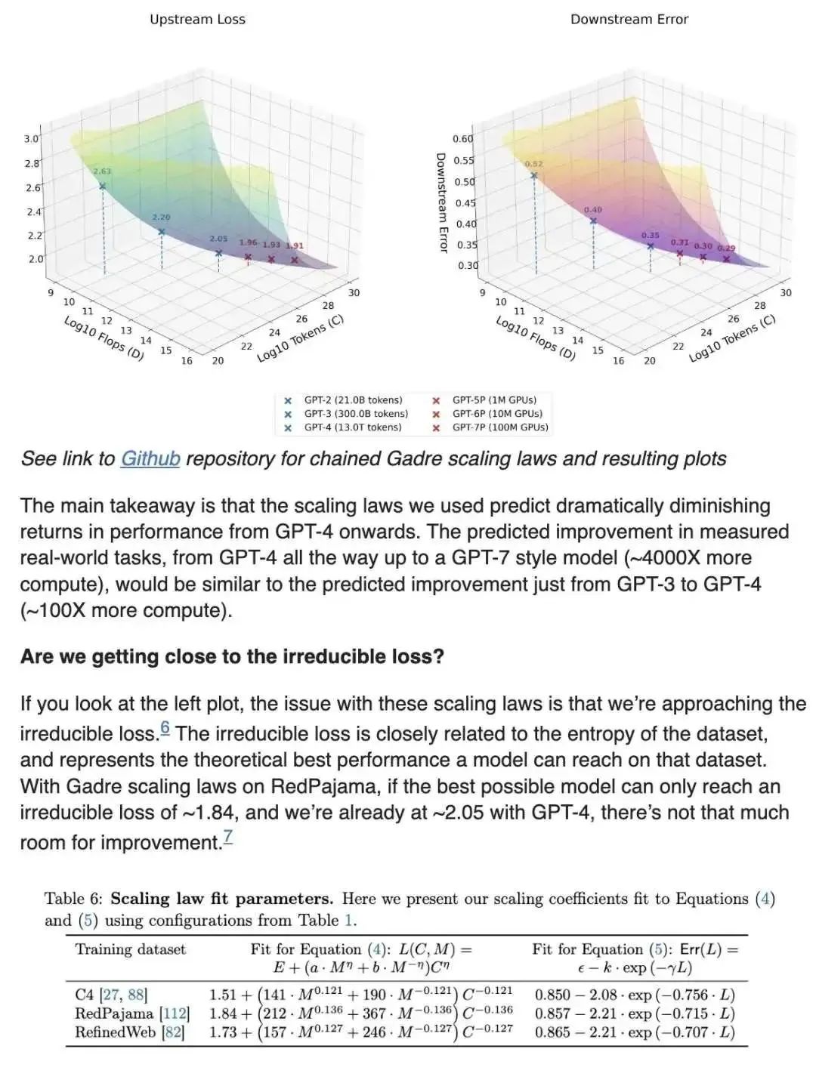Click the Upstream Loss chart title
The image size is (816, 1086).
197,20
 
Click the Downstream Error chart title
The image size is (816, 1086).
629,20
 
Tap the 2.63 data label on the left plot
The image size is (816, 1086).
102,171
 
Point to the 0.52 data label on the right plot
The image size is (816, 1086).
533,164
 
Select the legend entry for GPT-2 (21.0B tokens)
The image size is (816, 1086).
353,400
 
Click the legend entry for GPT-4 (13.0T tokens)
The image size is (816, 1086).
353,427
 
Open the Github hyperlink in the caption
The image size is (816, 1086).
150,458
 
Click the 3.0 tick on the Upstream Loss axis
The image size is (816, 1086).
31,139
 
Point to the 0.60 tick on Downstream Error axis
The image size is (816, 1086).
463,139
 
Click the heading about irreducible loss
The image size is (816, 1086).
232,656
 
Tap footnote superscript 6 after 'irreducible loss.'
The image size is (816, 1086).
165,729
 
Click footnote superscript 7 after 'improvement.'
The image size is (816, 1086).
227,837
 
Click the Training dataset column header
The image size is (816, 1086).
130,949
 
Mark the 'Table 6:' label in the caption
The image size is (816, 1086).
73,899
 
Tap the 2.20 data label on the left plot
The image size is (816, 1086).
161,218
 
